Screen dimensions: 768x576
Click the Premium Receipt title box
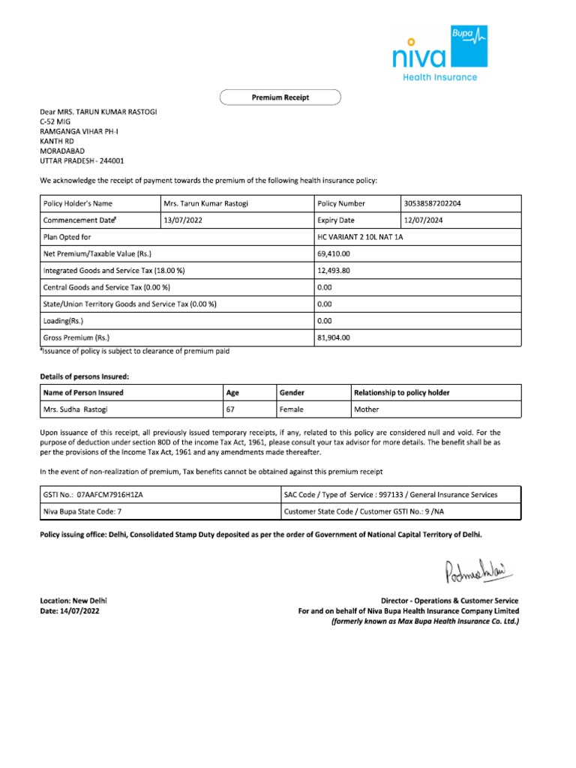coord(280,97)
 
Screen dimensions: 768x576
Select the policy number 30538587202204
coord(438,203)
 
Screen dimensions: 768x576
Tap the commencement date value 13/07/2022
coord(183,220)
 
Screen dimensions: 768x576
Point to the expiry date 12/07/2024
coord(424,220)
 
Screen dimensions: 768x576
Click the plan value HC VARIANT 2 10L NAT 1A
coord(362,238)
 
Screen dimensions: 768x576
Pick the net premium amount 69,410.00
coord(334,254)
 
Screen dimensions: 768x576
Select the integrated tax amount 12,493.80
coord(334,271)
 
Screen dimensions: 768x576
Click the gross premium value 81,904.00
coord(334,337)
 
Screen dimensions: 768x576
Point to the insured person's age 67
coord(231,409)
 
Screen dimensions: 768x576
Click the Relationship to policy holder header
coord(402,392)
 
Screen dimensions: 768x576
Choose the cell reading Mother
coord(367,409)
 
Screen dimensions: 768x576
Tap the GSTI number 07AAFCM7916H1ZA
coord(110,495)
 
